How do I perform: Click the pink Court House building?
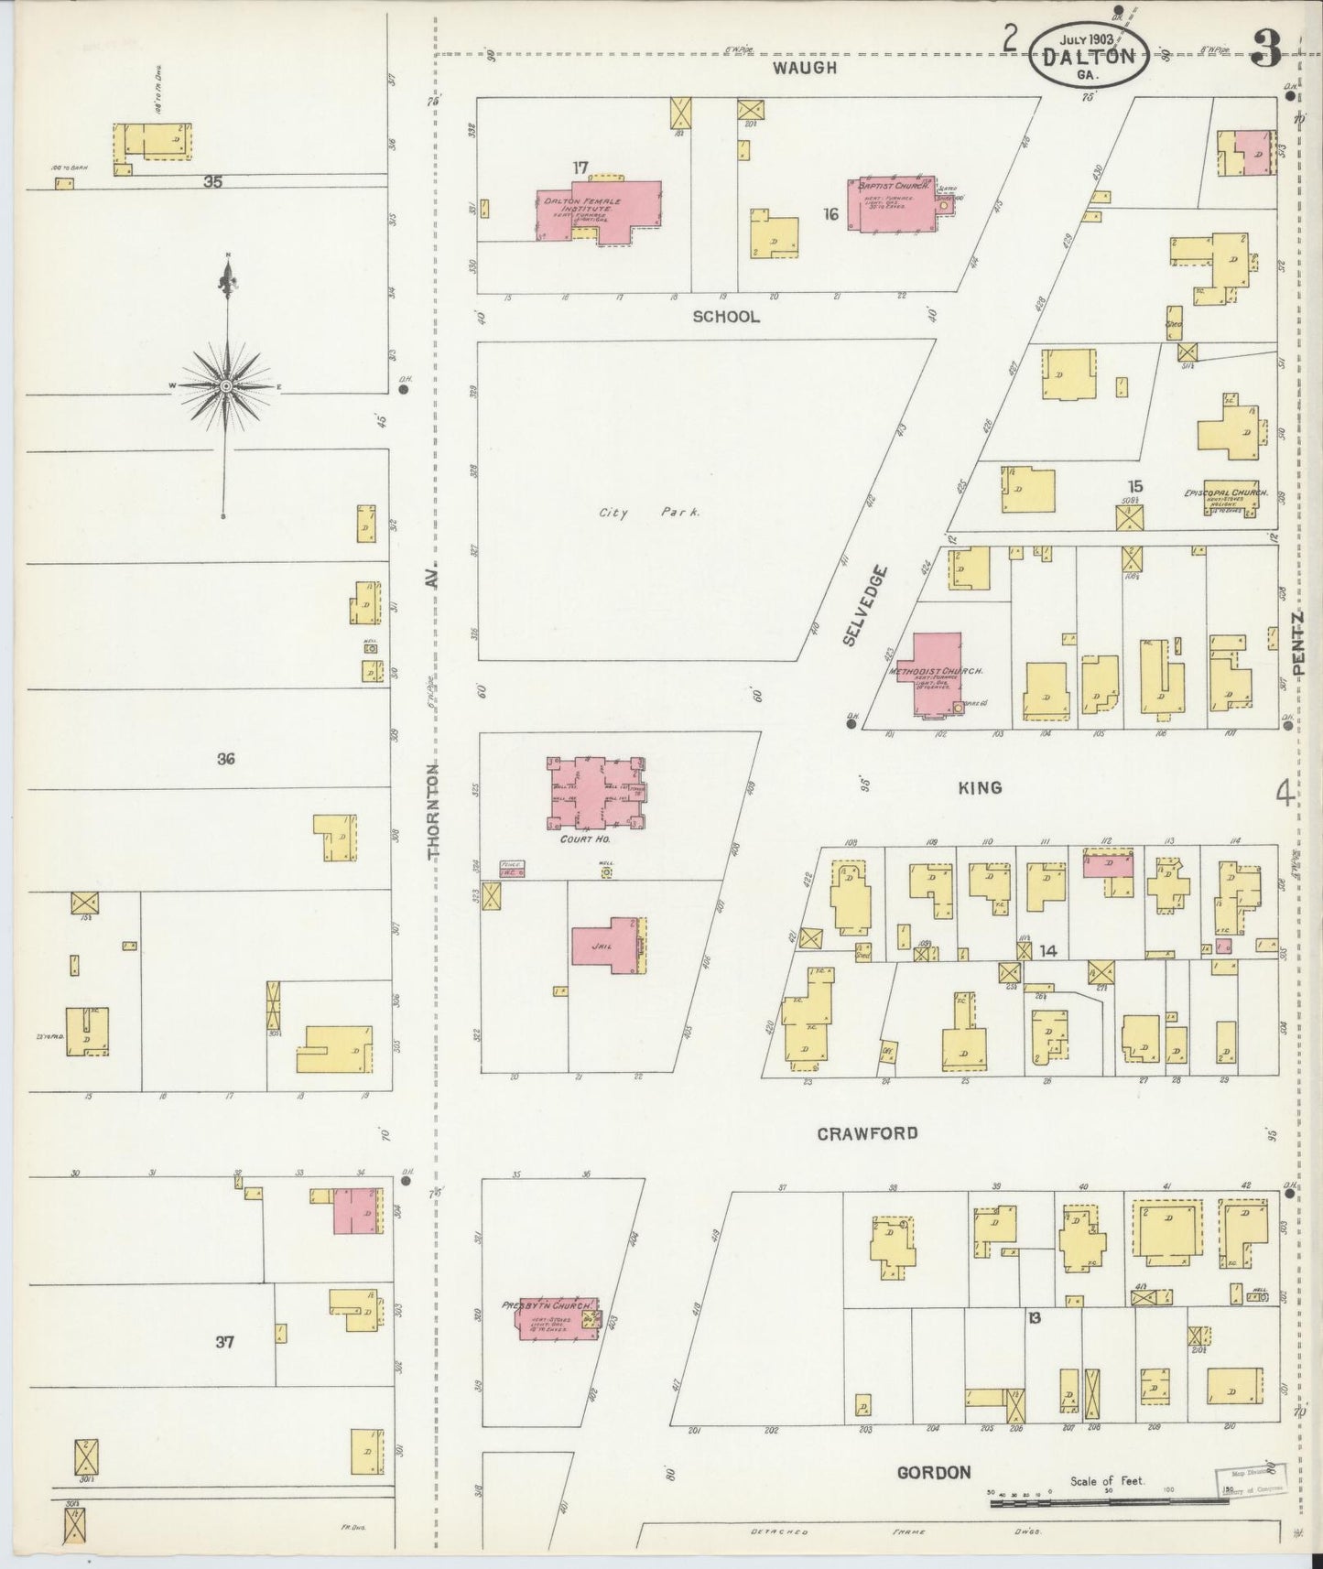click(x=596, y=790)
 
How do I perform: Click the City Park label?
click(x=649, y=513)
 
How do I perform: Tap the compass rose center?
click(x=226, y=387)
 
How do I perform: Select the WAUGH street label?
click(x=804, y=67)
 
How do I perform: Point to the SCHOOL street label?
click(x=726, y=317)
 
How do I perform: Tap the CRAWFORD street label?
click(x=867, y=1133)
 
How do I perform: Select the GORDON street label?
click(x=933, y=1473)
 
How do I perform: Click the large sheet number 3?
click(x=1267, y=50)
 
